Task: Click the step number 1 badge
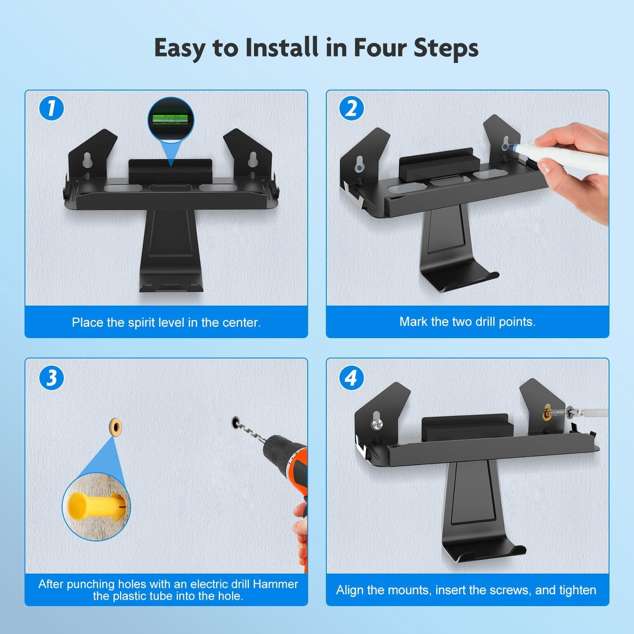click(x=51, y=108)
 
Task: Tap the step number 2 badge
click(x=352, y=108)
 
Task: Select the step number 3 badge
click(x=51, y=377)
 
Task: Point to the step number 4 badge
click(x=352, y=377)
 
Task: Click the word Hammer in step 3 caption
click(x=276, y=584)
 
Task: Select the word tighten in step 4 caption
click(x=576, y=590)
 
